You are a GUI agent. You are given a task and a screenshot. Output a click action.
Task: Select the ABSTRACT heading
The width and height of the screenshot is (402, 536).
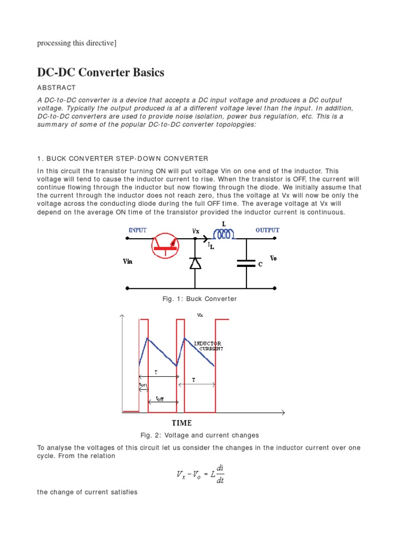point(57,87)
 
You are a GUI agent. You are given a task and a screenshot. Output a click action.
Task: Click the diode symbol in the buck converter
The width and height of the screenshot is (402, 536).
point(195,263)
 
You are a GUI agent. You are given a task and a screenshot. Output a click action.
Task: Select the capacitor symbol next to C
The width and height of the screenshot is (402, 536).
point(247,264)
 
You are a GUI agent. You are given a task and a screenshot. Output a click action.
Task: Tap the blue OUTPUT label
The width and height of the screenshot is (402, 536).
point(267,230)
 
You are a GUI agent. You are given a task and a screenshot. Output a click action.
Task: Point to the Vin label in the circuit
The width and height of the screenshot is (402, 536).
point(128,261)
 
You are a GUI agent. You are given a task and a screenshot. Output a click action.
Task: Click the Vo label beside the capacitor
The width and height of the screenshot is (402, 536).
point(274,258)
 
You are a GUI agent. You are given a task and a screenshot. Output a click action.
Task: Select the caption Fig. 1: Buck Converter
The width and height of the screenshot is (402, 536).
point(200,299)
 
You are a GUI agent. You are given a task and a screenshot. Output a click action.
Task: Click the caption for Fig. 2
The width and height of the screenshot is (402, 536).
point(200,435)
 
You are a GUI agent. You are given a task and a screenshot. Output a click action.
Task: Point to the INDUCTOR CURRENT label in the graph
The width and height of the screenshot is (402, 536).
point(208,346)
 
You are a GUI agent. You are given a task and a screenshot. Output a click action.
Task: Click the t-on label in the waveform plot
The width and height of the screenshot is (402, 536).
point(143,385)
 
